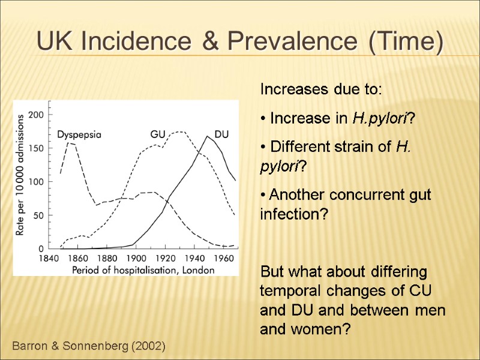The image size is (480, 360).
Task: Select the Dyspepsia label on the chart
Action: [x=79, y=134]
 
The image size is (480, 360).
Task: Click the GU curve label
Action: [x=157, y=134]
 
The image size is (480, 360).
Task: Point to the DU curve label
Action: [x=222, y=134]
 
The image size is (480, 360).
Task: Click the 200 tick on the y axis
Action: [x=36, y=114]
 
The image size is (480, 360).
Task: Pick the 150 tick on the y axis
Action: [x=36, y=148]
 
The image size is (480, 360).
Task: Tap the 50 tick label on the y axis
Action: [x=39, y=215]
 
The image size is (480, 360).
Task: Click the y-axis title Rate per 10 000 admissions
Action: [x=20, y=174]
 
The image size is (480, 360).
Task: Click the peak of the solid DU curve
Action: [x=208, y=136]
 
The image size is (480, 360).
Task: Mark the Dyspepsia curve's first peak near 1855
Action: [x=70, y=143]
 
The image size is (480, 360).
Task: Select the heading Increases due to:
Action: [x=320, y=90]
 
